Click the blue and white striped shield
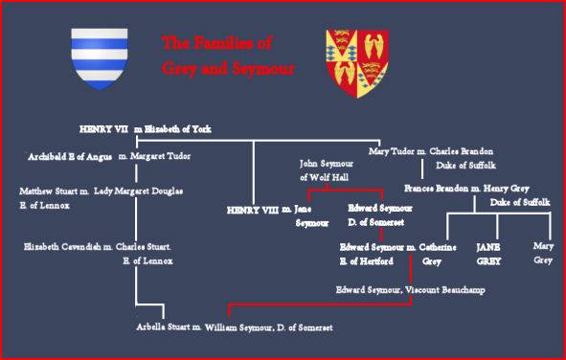pos(100,58)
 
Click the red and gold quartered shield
pos(357,63)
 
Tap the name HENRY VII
pos(103,129)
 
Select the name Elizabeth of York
pos(177,129)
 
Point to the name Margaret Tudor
pos(160,157)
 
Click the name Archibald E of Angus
pos(70,157)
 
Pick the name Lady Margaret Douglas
pos(138,191)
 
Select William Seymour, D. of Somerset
pos(269,327)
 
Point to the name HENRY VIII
pos(253,211)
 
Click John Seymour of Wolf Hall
pos(327,170)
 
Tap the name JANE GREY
pos(488,254)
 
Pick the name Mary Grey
pos(543,253)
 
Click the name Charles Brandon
pos(461,151)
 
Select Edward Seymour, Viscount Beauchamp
pos(411,290)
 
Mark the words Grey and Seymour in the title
pos(228,69)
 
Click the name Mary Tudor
pos(392,152)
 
